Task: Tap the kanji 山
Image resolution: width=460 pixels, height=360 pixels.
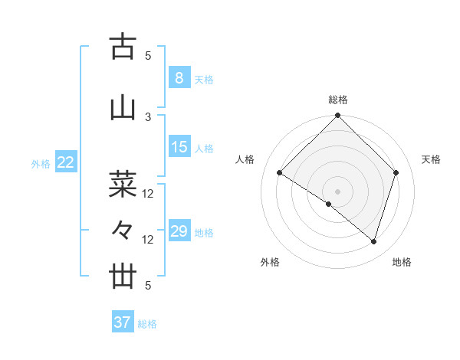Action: (123, 108)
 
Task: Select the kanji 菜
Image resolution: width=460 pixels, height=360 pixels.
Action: (123, 185)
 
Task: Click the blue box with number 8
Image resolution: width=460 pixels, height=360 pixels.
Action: (179, 77)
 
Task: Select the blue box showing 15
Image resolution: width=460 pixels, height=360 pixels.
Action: (179, 147)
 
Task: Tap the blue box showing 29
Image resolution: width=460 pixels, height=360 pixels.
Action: (179, 231)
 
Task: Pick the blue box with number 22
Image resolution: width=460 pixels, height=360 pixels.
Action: (66, 162)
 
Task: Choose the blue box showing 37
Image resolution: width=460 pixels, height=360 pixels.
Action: (122, 322)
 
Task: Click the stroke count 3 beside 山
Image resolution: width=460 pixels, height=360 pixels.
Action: (149, 116)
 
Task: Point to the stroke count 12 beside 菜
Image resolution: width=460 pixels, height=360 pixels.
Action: (149, 194)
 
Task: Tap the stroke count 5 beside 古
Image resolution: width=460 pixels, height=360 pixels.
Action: (149, 55)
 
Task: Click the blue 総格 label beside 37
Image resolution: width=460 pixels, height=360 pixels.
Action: (147, 324)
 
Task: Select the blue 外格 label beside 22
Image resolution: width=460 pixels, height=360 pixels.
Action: (41, 164)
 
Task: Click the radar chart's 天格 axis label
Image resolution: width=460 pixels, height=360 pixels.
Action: (431, 159)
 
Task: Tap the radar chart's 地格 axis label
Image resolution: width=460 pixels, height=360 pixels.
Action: (402, 262)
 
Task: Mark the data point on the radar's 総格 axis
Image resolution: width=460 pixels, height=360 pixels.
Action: (337, 116)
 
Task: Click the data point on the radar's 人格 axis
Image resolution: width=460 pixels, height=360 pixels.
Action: (280, 173)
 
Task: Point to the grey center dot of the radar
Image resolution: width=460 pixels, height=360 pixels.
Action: (337, 191)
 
